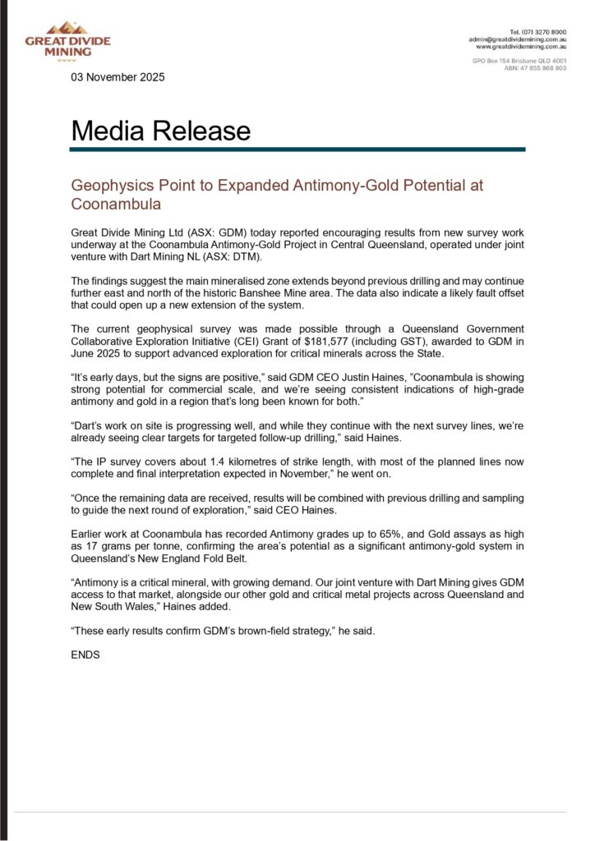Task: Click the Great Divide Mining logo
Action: pos(67,40)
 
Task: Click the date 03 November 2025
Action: pos(118,77)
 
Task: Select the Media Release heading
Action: pos(160,131)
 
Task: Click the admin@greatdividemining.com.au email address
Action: pos(517,39)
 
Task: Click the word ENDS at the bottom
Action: pos(85,655)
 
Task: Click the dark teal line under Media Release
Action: pos(297,149)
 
